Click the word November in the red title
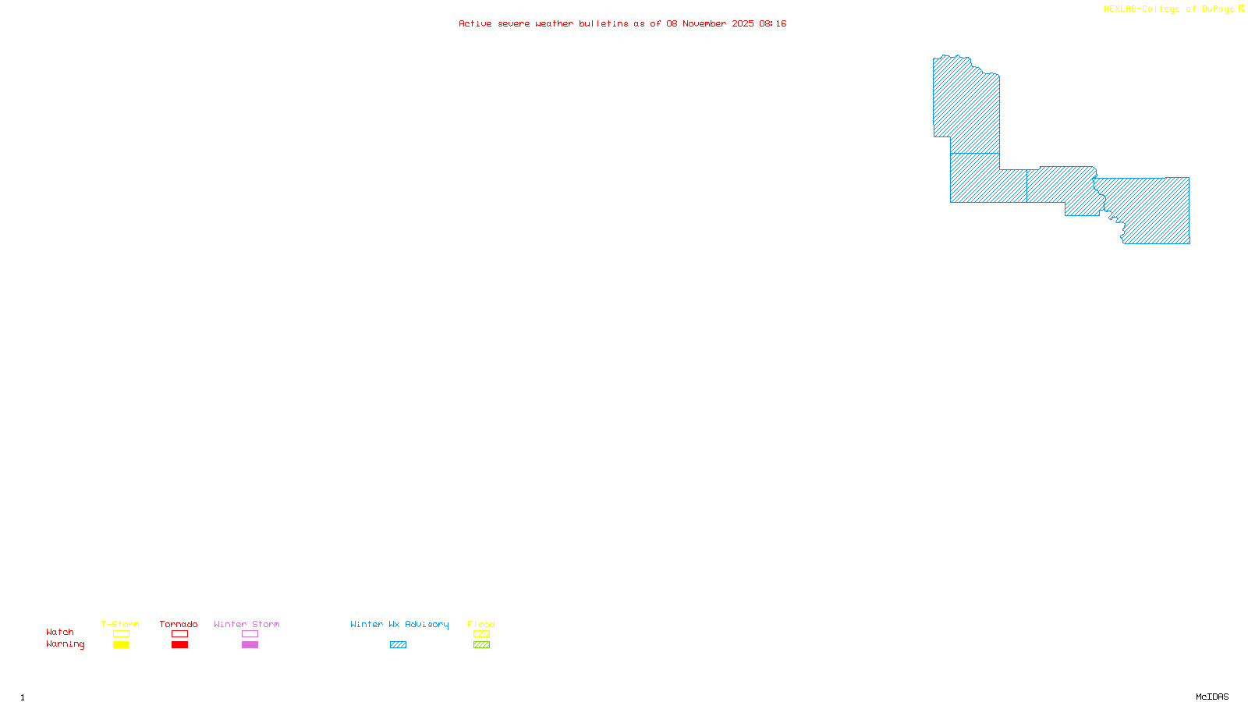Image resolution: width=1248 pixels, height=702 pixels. [704, 23]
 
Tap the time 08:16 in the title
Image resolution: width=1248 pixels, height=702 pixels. [772, 23]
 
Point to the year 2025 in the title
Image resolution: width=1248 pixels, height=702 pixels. [743, 23]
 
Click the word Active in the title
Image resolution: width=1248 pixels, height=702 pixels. [475, 23]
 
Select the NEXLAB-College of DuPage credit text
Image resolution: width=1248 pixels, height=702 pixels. [1168, 9]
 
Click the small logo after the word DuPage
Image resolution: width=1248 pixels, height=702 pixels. [1241, 9]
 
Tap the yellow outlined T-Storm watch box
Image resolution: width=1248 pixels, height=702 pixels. [121, 634]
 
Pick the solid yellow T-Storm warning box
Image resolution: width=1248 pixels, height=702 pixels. [121, 645]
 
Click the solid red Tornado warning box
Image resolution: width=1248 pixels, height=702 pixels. [179, 645]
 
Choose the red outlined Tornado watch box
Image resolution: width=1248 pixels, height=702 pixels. [179, 634]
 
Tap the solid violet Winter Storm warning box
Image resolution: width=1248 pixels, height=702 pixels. [250, 645]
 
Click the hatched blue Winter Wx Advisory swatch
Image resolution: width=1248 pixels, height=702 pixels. [398, 645]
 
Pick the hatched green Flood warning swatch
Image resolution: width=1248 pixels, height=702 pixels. [481, 645]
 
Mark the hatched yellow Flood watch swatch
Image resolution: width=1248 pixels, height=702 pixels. [481, 634]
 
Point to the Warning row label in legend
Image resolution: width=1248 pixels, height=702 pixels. [65, 644]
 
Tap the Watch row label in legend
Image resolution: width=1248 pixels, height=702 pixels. [60, 632]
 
